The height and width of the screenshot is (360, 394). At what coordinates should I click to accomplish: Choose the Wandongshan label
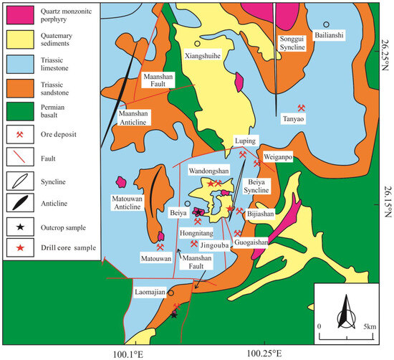click(208, 172)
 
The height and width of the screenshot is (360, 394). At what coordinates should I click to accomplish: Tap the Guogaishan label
click(250, 242)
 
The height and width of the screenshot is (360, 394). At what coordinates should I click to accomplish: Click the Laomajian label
click(150, 292)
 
